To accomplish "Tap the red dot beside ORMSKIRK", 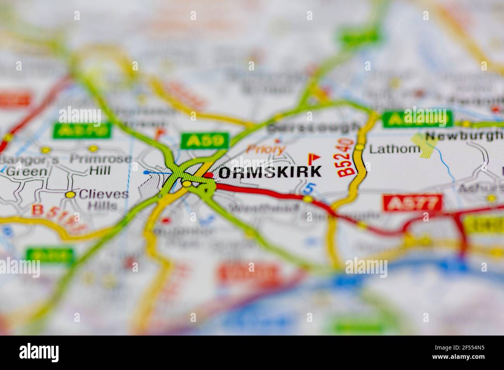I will [209, 175].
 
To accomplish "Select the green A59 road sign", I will [205, 141].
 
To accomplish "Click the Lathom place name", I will [394, 149].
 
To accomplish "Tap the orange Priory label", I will [266, 149].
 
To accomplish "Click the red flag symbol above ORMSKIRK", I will [314, 158].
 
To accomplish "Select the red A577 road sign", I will [412, 203].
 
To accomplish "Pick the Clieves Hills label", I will [103, 199].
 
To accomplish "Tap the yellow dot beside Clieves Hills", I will [70, 195].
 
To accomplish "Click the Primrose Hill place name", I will [100, 164].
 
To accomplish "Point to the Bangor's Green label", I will [29, 165].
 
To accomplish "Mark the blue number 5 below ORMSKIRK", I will [308, 189].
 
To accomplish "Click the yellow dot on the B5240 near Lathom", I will [360, 147].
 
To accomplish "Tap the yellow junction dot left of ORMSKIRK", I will [187, 183].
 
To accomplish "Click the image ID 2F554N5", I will [460, 348].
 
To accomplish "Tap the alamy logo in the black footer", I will [39, 353].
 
